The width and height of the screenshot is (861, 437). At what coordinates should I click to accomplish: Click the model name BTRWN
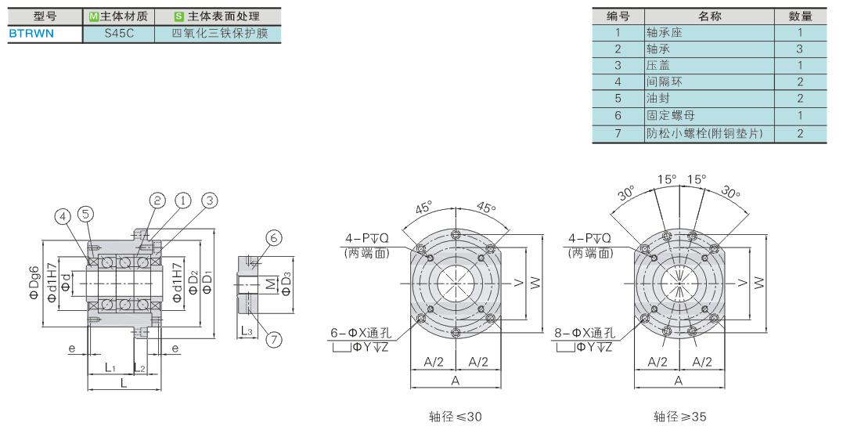tap(31, 34)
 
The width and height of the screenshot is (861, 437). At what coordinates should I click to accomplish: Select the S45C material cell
tap(119, 34)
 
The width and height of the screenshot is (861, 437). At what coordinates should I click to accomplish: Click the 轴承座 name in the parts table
tap(664, 32)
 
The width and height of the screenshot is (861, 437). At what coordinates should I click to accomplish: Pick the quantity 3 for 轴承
tap(799, 49)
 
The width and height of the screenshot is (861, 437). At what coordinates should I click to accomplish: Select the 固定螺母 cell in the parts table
tap(671, 115)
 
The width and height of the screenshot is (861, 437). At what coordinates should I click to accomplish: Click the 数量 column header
tap(800, 16)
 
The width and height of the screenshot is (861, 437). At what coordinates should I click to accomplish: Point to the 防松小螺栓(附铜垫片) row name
tap(704, 133)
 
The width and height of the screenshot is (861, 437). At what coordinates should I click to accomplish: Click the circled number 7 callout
tap(273, 339)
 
